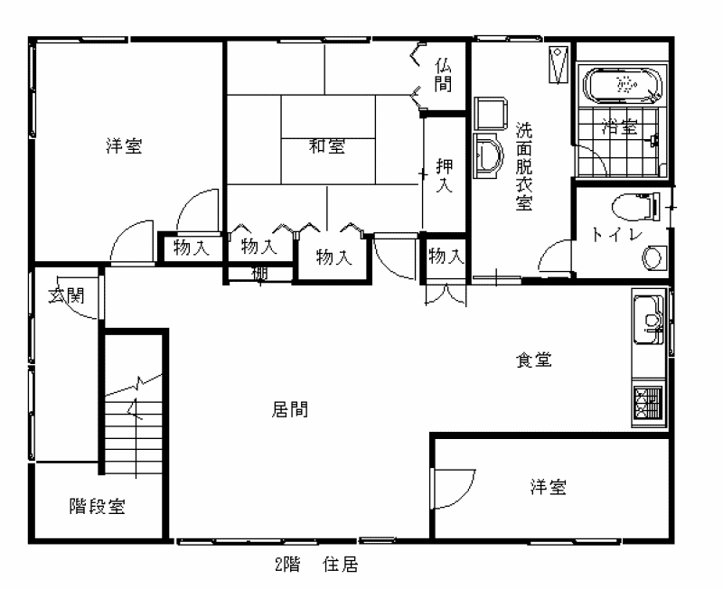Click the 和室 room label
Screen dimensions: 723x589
[327, 146]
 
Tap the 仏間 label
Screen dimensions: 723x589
[443, 76]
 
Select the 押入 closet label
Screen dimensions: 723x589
[444, 175]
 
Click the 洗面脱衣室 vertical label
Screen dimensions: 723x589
[524, 166]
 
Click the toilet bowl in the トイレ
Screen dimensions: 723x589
[635, 207]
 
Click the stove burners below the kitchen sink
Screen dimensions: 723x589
[648, 403]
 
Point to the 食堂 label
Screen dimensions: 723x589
[533, 360]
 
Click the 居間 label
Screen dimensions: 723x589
[289, 409]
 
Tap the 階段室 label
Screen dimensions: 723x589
[97, 506]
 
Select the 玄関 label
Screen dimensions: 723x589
[67, 295]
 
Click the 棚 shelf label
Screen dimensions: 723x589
[259, 274]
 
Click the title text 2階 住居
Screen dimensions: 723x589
[316, 564]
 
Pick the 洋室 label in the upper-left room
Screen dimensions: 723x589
[124, 146]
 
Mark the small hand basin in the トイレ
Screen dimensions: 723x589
[653, 258]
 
